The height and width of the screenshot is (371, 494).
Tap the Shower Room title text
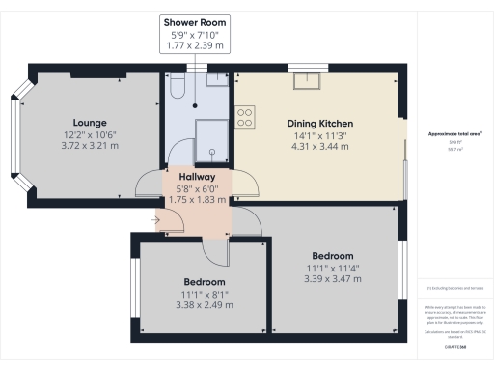[195, 21]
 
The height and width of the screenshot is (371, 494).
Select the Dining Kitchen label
[319, 124]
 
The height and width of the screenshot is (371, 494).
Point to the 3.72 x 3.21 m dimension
[89, 146]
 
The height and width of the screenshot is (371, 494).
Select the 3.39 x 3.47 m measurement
[334, 278]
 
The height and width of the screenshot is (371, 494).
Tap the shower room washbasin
[216, 82]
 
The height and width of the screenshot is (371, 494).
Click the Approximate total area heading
[443, 133]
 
